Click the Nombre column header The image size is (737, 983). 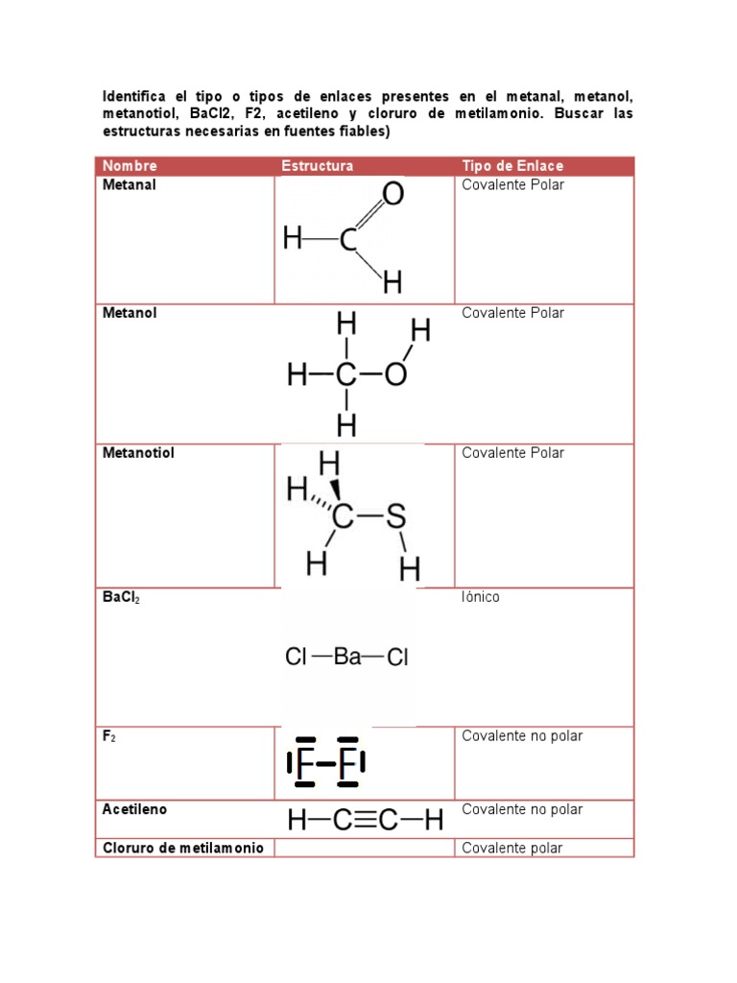(130, 166)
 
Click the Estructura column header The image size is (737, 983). (317, 166)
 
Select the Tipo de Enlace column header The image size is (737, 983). (512, 166)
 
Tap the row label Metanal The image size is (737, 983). (130, 185)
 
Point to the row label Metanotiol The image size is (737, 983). (138, 453)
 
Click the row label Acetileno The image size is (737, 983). (134, 809)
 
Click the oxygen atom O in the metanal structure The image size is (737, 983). (392, 197)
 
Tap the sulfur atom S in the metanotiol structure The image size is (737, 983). (396, 519)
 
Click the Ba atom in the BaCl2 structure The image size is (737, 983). (347, 658)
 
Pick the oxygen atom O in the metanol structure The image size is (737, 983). (395, 375)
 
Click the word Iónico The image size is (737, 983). (481, 597)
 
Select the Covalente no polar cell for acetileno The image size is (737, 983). (522, 809)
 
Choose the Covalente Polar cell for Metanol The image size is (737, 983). (512, 313)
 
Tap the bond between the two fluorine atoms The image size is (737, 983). (326, 765)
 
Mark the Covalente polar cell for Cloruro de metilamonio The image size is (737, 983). (512, 848)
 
